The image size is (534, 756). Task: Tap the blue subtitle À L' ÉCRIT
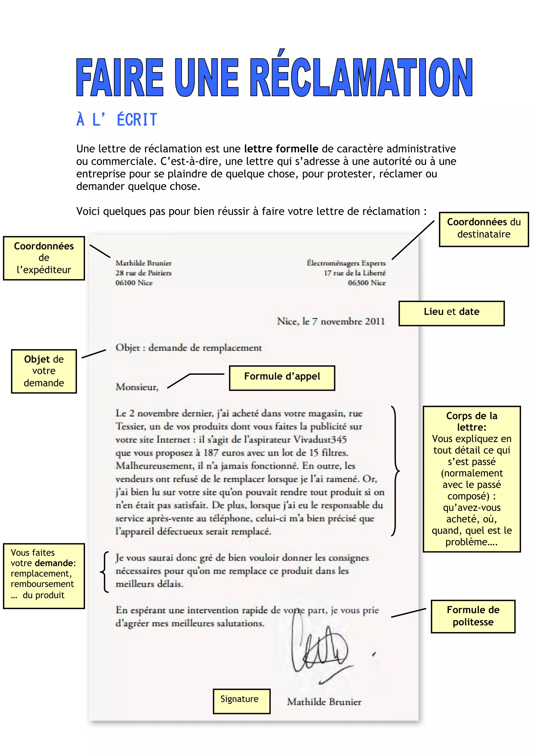click(x=117, y=120)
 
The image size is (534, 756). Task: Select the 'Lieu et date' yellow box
click(x=451, y=313)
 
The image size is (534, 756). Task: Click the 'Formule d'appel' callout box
click(x=282, y=378)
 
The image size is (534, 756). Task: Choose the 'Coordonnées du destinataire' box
click(x=483, y=229)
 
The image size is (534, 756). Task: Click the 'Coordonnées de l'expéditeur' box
click(x=44, y=258)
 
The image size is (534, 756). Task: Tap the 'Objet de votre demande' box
click(x=44, y=371)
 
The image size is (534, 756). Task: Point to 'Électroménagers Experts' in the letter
click(x=346, y=263)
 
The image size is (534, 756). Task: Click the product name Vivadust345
click(x=320, y=439)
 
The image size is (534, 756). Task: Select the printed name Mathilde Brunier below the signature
click(x=324, y=702)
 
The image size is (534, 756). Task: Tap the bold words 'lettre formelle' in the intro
click(x=281, y=149)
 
